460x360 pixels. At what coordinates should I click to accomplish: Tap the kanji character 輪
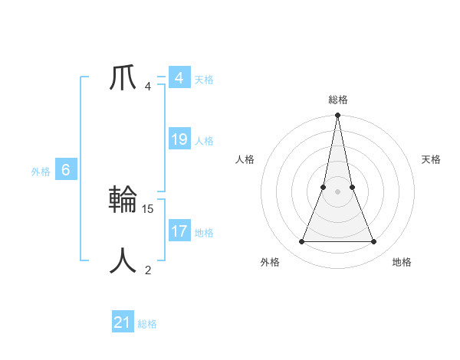(123, 199)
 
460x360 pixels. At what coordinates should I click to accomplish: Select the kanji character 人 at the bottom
(123, 260)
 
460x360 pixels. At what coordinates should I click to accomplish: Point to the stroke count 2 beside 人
(148, 270)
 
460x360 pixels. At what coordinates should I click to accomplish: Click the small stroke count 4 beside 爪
(148, 87)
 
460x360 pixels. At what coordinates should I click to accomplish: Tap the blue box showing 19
(179, 139)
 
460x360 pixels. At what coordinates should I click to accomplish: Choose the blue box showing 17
(179, 231)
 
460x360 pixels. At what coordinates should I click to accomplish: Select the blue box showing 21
(123, 322)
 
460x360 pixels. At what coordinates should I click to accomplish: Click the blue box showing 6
(66, 170)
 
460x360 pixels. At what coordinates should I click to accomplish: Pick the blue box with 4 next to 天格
(179, 78)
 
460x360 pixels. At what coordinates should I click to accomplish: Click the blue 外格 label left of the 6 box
(41, 172)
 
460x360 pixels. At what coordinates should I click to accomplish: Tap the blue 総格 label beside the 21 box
(147, 324)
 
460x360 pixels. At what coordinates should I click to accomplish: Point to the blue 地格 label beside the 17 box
(204, 232)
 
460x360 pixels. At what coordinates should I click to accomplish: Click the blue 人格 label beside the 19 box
(204, 141)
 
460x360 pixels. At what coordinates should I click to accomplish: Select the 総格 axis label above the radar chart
(338, 100)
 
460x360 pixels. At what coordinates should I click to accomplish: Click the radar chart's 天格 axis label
(431, 159)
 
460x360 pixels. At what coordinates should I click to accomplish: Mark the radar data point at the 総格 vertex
(338, 116)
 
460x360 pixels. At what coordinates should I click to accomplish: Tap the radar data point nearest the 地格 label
(374, 242)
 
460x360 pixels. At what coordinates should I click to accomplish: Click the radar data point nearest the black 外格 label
(301, 242)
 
